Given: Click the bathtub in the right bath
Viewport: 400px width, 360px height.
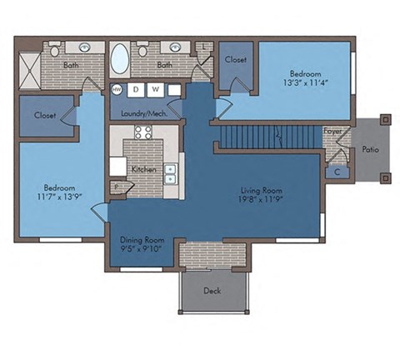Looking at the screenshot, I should [120, 60].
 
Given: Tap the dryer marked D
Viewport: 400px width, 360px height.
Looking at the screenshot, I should [134, 89].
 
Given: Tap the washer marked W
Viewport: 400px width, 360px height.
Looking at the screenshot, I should [155, 89].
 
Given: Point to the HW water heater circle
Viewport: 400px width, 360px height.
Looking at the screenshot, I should [117, 89].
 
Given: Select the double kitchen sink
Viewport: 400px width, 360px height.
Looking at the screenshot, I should [171, 173].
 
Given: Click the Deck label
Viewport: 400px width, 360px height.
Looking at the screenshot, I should [212, 291].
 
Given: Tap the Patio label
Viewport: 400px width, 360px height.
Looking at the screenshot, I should [371, 150].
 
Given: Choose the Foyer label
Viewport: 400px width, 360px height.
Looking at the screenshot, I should [332, 131].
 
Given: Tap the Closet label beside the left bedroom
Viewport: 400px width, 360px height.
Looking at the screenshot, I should [45, 115].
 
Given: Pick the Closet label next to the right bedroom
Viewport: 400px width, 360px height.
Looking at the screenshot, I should [235, 60].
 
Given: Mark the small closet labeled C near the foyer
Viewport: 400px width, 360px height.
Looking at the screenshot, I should [337, 172].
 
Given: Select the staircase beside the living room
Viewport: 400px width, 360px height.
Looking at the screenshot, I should [267, 133].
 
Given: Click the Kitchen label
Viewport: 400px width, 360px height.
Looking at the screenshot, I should [143, 169].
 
